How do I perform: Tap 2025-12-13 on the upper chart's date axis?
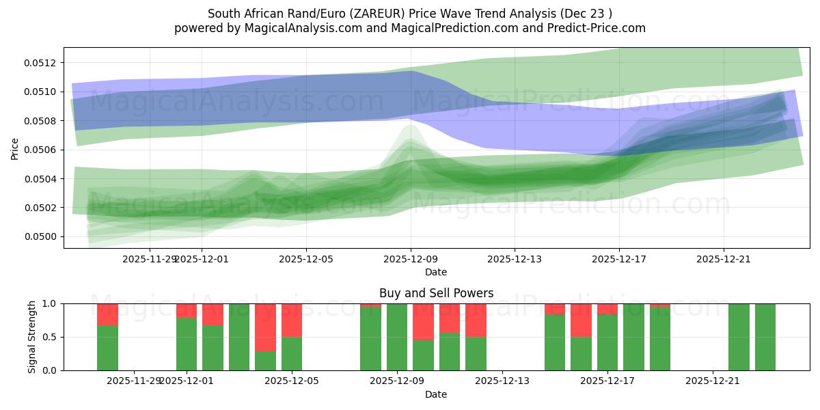[515, 259]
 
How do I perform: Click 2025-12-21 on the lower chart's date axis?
[713, 381]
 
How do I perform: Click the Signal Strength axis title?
[32, 337]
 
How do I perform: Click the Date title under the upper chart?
[436, 272]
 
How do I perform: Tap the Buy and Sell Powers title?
[436, 293]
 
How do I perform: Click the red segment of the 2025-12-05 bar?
[292, 320]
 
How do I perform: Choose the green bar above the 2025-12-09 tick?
[397, 337]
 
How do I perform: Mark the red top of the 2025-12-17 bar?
[607, 309]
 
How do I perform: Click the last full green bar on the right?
[765, 337]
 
